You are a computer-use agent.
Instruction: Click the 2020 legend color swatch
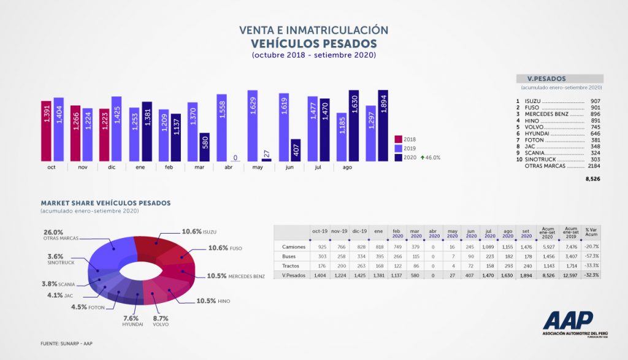pyautogui.click(x=398, y=158)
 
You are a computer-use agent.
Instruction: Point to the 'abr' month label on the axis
pyautogui.click(x=228, y=166)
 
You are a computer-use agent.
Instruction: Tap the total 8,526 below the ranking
pyautogui.click(x=592, y=179)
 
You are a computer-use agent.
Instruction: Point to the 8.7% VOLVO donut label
pyautogui.click(x=161, y=321)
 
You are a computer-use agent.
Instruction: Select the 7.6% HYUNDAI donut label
pyautogui.click(x=132, y=321)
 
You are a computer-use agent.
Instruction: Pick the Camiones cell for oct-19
pyautogui.click(x=320, y=247)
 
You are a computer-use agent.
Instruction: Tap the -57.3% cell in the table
pyautogui.click(x=591, y=256)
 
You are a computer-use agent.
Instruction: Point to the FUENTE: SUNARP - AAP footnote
pyautogui.click(x=67, y=343)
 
